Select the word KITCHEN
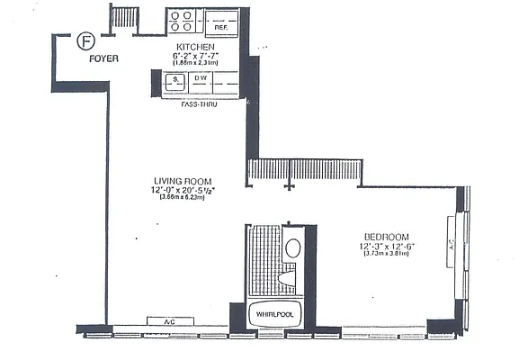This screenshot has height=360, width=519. pos(195,47)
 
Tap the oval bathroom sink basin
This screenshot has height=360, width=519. pos(293,248)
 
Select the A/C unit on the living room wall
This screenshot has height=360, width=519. pos(169,321)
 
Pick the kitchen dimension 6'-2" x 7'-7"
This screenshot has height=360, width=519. pos(195,56)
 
